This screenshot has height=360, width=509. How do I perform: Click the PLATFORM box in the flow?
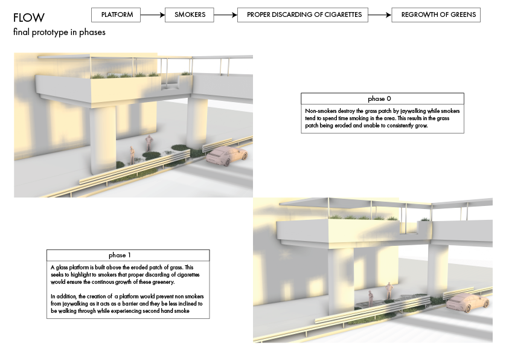[x=116, y=15]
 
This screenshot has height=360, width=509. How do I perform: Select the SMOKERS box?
[x=189, y=15]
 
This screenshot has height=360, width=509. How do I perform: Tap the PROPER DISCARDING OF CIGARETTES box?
[x=303, y=15]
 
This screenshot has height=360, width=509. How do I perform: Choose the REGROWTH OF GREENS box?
[x=436, y=15]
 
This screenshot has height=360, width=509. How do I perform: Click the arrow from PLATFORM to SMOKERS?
[x=153, y=15]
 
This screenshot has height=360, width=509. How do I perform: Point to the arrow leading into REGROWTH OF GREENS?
[x=380, y=15]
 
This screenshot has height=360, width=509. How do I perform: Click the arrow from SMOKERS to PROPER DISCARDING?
[x=226, y=15]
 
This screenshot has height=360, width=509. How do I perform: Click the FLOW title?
[x=29, y=18]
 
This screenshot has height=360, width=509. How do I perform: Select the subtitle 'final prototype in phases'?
[x=59, y=33]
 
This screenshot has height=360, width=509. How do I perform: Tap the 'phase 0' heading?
[x=379, y=98]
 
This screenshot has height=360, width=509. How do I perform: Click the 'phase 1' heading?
[x=120, y=255]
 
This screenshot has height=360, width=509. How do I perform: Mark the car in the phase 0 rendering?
[x=226, y=156]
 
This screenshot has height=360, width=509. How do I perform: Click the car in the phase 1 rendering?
[x=467, y=303]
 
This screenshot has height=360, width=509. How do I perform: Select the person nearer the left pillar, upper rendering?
[x=132, y=155]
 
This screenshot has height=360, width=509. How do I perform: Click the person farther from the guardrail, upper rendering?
[x=149, y=143]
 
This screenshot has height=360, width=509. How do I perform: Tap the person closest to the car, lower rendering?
[x=389, y=291]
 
